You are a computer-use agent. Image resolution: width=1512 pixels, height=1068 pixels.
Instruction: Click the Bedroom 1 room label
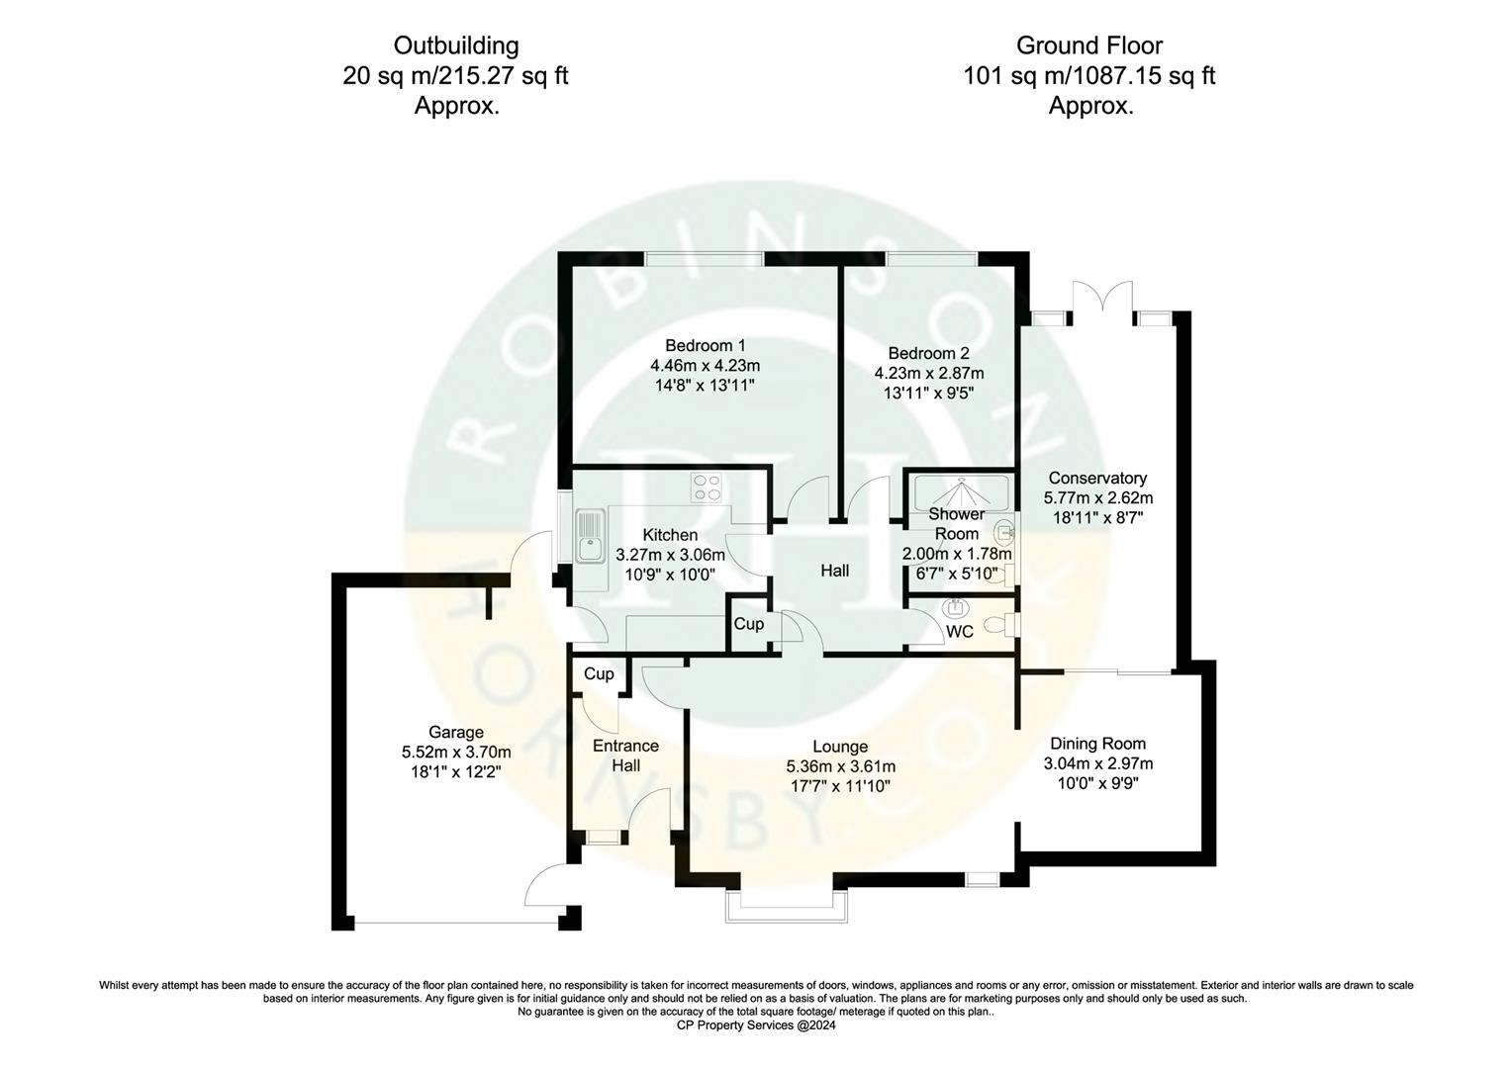[705, 345]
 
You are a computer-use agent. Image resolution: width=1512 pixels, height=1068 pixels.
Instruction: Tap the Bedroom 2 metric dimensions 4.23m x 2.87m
[928, 374]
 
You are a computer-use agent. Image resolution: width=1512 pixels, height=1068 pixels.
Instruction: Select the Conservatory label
[1097, 479]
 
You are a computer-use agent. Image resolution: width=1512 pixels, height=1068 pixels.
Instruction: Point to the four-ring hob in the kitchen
[707, 488]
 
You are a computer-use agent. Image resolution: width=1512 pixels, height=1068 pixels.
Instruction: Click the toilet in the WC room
[1007, 624]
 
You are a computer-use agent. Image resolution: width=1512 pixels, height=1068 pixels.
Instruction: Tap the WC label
[960, 632]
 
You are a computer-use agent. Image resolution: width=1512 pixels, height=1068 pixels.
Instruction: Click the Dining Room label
[1097, 744]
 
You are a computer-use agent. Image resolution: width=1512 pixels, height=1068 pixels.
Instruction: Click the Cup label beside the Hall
[748, 624]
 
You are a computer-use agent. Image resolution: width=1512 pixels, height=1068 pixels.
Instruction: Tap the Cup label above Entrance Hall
[599, 673]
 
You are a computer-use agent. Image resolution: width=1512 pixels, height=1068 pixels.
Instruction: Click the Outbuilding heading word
[455, 45]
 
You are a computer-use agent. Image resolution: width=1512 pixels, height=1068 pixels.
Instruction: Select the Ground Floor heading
[1089, 45]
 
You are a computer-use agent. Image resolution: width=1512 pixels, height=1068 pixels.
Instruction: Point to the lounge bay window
[787, 906]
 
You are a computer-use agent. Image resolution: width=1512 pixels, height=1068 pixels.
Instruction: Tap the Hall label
[834, 571]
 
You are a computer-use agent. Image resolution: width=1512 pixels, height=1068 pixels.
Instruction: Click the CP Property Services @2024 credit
[756, 1025]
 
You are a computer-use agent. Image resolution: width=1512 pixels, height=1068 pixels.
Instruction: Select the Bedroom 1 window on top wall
[704, 259]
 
